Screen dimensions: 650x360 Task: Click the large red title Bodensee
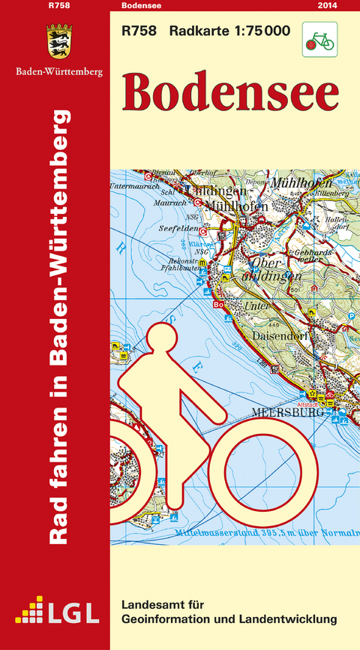230,92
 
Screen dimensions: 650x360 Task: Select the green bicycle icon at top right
319,39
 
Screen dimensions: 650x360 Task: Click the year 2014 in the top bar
327,6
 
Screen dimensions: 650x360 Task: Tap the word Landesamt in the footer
151,604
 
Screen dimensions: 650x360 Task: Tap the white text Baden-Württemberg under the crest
59,72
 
